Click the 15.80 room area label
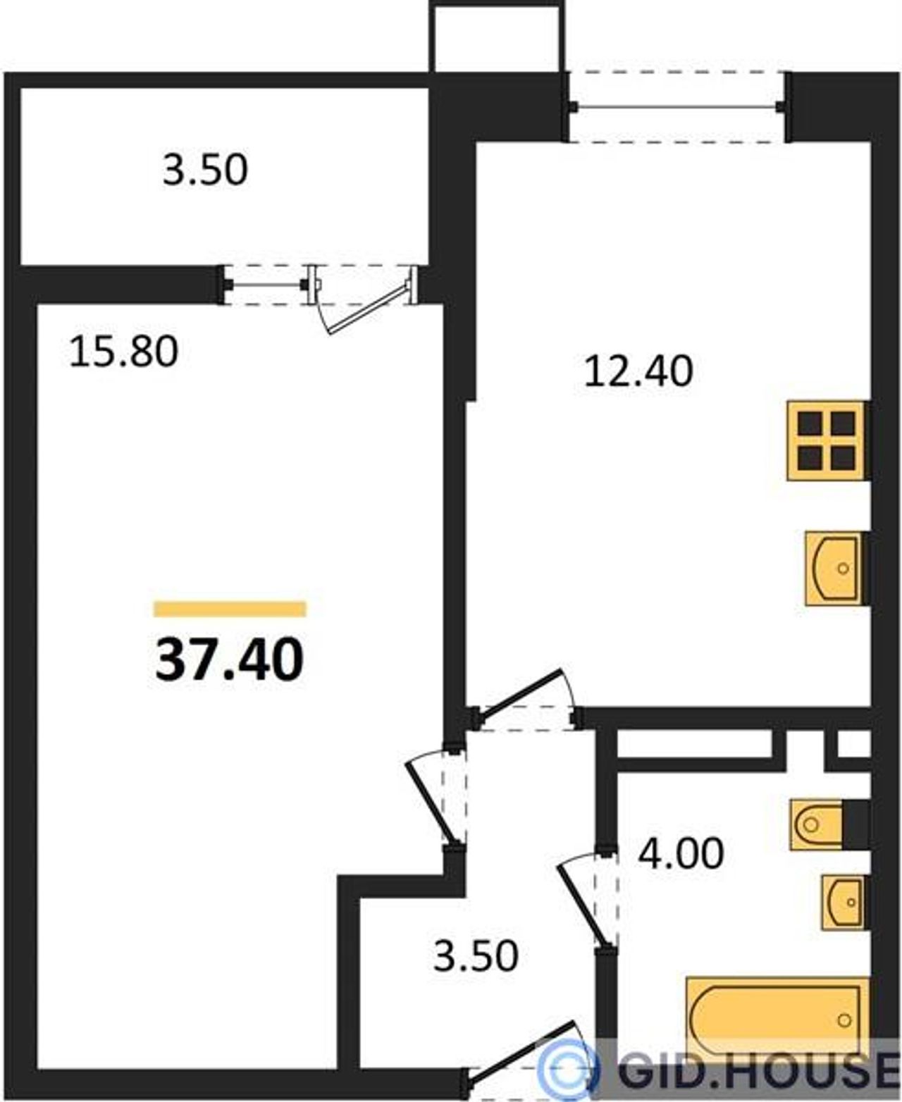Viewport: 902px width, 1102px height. (x=123, y=352)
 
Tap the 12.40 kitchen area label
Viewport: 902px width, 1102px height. (x=638, y=371)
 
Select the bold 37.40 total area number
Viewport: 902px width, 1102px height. (x=230, y=660)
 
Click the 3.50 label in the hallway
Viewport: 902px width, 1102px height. (x=476, y=955)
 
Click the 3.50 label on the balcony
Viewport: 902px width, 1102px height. (x=204, y=169)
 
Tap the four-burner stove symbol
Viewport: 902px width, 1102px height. (x=828, y=440)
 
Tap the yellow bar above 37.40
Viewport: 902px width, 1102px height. (x=230, y=609)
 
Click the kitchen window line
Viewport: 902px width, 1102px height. (x=676, y=107)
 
